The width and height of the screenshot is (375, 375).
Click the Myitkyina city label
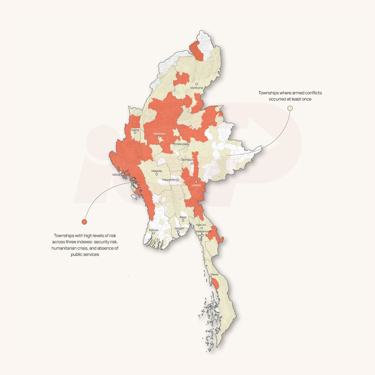point(197,88)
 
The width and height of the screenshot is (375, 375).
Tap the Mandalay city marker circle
point(175,144)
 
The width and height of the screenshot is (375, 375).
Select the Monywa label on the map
point(159,133)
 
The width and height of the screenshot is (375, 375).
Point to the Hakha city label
point(135,130)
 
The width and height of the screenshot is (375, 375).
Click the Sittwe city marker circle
point(123,174)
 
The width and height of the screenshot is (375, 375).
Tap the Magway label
point(156,171)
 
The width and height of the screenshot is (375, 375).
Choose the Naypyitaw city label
point(169,180)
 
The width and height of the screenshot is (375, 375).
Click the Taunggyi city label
point(187,159)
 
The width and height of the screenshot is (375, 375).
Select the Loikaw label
point(196,185)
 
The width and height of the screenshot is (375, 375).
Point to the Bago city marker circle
point(183,221)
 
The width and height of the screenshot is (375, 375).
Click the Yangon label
point(179,229)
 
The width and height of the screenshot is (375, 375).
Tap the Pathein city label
point(154,230)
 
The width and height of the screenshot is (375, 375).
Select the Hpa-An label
point(201,225)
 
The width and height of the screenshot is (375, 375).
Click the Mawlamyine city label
point(203,231)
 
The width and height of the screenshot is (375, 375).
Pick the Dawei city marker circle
point(210,278)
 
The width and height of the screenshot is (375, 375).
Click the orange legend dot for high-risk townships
point(84,222)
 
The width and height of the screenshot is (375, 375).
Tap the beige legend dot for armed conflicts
point(290,108)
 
